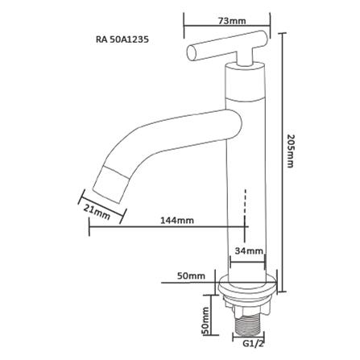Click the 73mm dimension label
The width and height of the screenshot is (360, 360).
coord(231,21)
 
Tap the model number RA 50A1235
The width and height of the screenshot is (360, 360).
coord(122,39)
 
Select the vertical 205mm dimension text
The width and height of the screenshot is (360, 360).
coord(289,151)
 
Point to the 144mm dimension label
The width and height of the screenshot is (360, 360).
coord(177,221)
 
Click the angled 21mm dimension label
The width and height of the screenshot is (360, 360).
coord(97,212)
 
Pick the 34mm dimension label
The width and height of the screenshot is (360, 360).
coord(249,251)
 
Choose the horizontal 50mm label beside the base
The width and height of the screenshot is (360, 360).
coord(191,275)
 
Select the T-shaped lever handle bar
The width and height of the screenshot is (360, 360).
coord(227,46)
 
